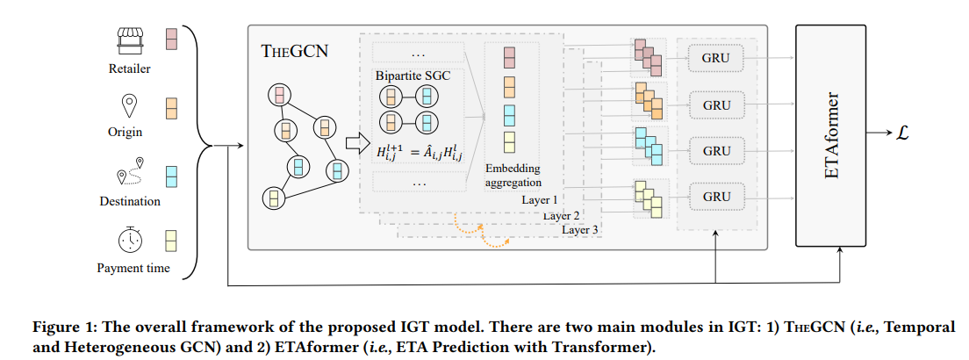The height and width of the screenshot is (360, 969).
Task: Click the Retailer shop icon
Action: point(130,40)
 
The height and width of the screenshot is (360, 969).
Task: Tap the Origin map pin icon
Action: point(130,107)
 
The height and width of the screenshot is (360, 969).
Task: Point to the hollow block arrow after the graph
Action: point(355,142)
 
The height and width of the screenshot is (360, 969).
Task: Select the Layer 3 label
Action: point(580,230)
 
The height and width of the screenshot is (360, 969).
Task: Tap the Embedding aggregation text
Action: point(513,176)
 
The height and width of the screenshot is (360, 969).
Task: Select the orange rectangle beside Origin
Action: point(172,108)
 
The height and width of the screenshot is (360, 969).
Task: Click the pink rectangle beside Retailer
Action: point(172,40)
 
